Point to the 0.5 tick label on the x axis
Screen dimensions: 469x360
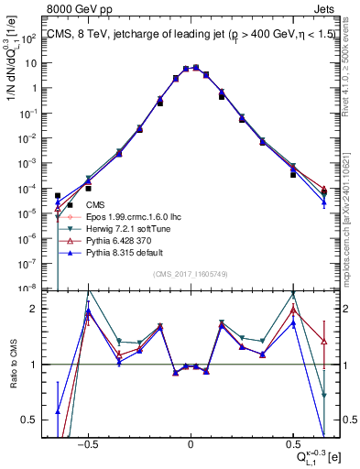tap(292, 441)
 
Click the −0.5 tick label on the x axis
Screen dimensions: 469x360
tap(88, 441)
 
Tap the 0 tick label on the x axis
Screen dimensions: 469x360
tap(191, 441)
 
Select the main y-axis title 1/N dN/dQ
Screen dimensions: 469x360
tap(13, 64)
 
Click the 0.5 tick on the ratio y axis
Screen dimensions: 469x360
tap(36, 420)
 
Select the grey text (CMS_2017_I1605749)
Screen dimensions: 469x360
tap(191, 275)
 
